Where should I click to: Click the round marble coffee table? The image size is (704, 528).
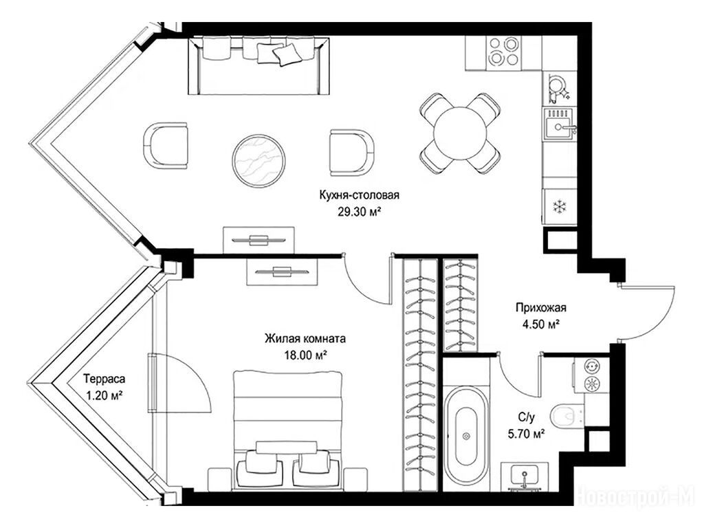(x=259, y=159)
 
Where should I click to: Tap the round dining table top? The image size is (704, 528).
(x=460, y=133)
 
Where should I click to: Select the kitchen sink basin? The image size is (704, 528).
(x=558, y=126)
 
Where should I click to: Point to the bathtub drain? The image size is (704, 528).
(x=466, y=436)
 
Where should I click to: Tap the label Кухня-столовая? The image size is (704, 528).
(x=359, y=195)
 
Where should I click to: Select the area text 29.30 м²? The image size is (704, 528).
(x=359, y=212)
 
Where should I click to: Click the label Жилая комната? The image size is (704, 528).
(x=305, y=338)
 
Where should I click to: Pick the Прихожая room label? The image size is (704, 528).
(x=540, y=308)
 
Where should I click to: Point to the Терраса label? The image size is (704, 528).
(x=104, y=379)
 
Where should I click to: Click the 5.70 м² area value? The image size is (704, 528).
(x=525, y=434)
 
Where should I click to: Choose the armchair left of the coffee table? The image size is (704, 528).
(x=165, y=146)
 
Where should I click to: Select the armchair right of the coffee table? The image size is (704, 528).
(x=352, y=153)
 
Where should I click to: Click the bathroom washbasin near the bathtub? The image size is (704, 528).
(x=525, y=476)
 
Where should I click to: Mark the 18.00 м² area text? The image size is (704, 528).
(x=305, y=355)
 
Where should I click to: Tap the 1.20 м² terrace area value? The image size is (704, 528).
(x=104, y=396)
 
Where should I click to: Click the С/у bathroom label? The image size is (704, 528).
(x=526, y=417)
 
